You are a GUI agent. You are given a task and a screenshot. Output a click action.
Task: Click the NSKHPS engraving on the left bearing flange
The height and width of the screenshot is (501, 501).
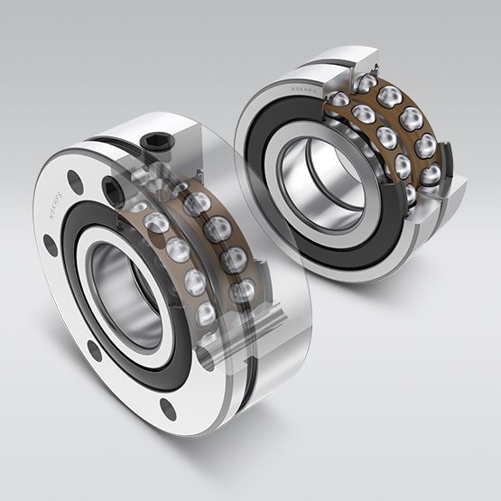click(x=57, y=192)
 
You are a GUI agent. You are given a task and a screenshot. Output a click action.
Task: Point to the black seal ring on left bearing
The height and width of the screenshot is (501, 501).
click(x=90, y=298)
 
